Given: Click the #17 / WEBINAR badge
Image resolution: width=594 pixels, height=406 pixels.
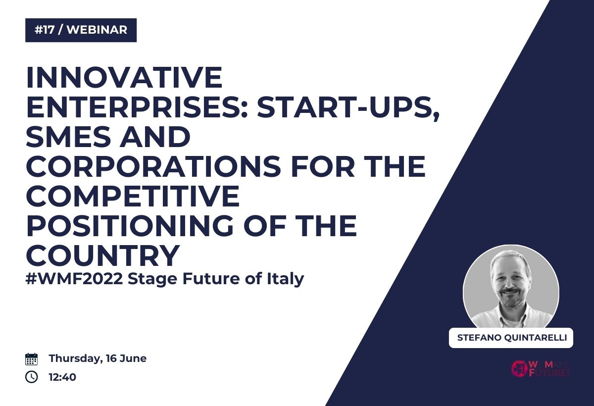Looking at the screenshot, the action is coord(81,30).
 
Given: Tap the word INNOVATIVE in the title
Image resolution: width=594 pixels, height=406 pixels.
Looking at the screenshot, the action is coord(124,77).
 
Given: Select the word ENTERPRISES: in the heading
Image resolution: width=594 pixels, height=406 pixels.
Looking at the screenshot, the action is coord(137,107).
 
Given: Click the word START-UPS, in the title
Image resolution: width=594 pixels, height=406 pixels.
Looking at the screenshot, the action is coord(348,109).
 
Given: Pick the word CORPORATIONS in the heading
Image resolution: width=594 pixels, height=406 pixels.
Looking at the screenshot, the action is coord(153,166).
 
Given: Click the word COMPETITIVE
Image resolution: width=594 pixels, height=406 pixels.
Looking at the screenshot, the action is coord(133,196).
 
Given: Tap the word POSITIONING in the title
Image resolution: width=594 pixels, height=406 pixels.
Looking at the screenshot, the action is coord(130,225).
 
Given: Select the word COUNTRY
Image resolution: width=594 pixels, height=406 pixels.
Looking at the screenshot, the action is coord(103,255).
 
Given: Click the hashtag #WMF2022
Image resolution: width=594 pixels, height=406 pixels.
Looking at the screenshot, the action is coord(74,279).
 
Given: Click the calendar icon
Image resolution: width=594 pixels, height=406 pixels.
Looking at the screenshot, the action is coord(32,359).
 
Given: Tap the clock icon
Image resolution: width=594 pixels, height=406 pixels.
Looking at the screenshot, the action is coord(32,377).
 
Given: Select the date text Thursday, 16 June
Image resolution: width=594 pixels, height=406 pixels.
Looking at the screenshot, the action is coord(98,359).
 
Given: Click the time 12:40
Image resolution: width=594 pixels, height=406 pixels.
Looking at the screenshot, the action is coord(62,377).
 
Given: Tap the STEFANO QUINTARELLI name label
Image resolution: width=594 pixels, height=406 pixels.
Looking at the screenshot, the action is coord(511,338).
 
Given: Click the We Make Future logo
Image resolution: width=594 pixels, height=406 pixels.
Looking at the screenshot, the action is coord(540,368).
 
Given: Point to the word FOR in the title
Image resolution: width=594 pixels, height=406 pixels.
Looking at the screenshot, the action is coord(323,166).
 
